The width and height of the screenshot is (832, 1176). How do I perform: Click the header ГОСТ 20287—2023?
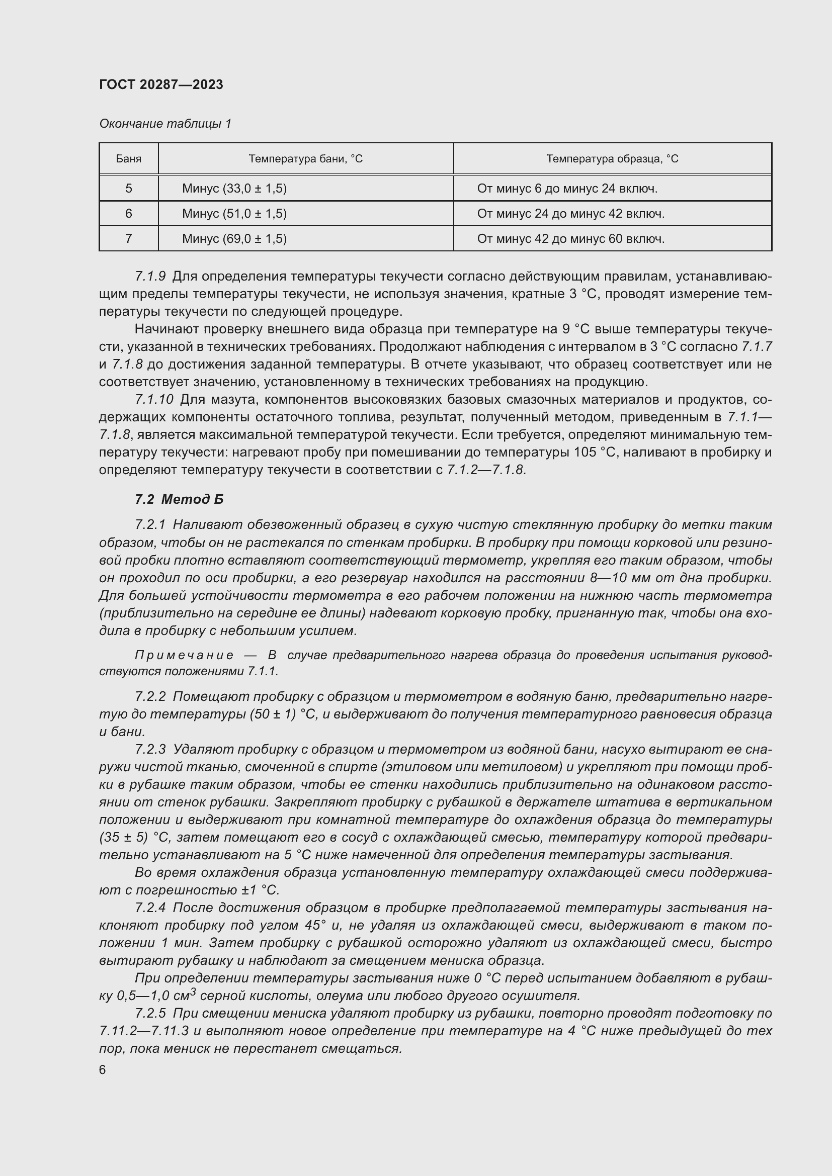coord(161,84)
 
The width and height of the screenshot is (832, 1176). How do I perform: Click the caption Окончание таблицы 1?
coord(165,124)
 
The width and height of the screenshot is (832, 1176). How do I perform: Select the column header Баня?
coord(129,159)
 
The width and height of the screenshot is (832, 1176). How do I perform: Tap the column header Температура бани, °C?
coord(305,159)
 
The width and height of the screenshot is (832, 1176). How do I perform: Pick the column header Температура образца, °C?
coord(612,159)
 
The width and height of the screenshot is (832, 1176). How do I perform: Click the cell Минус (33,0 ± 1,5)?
coord(234,189)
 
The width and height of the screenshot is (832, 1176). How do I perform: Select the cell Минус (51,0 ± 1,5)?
coord(234,214)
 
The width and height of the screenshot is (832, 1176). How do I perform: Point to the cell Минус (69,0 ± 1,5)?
coord(234,239)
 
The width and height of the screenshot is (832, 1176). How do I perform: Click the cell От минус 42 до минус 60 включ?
coord(570,239)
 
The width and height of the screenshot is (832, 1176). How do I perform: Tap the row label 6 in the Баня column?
coord(129,214)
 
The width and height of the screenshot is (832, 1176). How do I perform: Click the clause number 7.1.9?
coord(150,277)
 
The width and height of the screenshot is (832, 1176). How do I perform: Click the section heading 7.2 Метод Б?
coord(179,499)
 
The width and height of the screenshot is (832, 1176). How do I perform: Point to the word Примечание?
coord(184,655)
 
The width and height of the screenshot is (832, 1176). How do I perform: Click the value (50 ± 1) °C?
coord(281,714)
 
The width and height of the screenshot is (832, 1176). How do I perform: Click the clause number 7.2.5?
coord(150,1013)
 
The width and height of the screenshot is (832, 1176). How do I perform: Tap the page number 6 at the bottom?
coord(103,1070)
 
